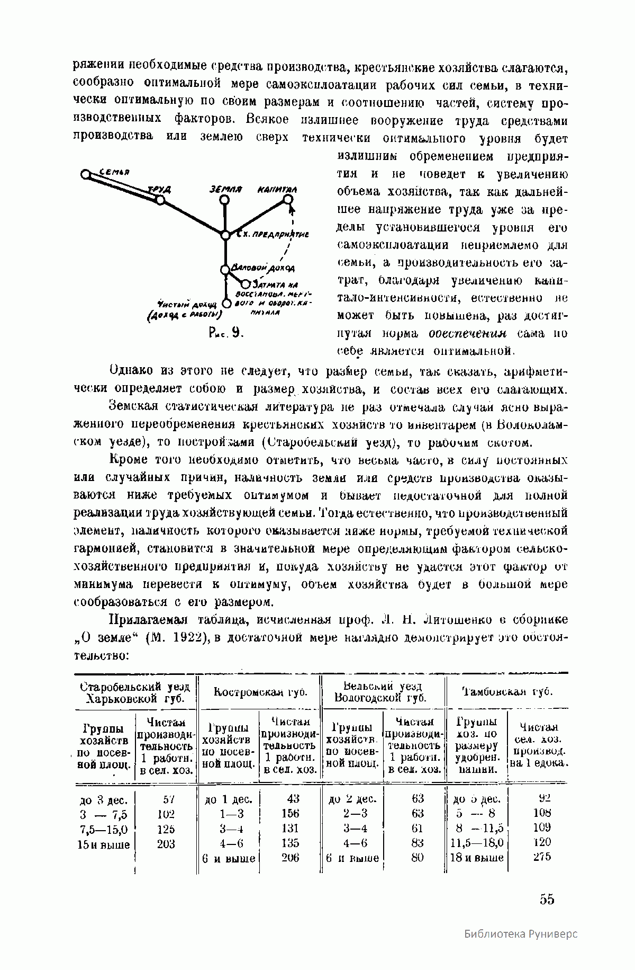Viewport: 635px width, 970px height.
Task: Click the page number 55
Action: [x=547, y=899]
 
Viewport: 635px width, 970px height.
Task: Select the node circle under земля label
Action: [x=224, y=200]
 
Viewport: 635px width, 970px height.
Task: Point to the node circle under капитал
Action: [x=287, y=199]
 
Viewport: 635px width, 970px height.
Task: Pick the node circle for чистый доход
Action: [x=226, y=304]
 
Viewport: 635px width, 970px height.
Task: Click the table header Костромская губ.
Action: [x=260, y=692]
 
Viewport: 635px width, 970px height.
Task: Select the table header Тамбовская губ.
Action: [x=507, y=692]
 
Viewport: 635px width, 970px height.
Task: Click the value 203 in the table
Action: [x=166, y=844]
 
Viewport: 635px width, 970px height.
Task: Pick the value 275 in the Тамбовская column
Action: [x=542, y=857]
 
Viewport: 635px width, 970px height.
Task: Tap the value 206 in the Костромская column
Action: [x=290, y=857]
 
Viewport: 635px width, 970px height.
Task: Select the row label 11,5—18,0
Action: [x=477, y=842]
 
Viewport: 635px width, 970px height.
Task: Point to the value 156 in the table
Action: [x=290, y=813]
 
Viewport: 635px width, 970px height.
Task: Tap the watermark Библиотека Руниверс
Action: [x=521, y=948]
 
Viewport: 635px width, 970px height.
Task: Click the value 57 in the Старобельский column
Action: [x=168, y=799]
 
